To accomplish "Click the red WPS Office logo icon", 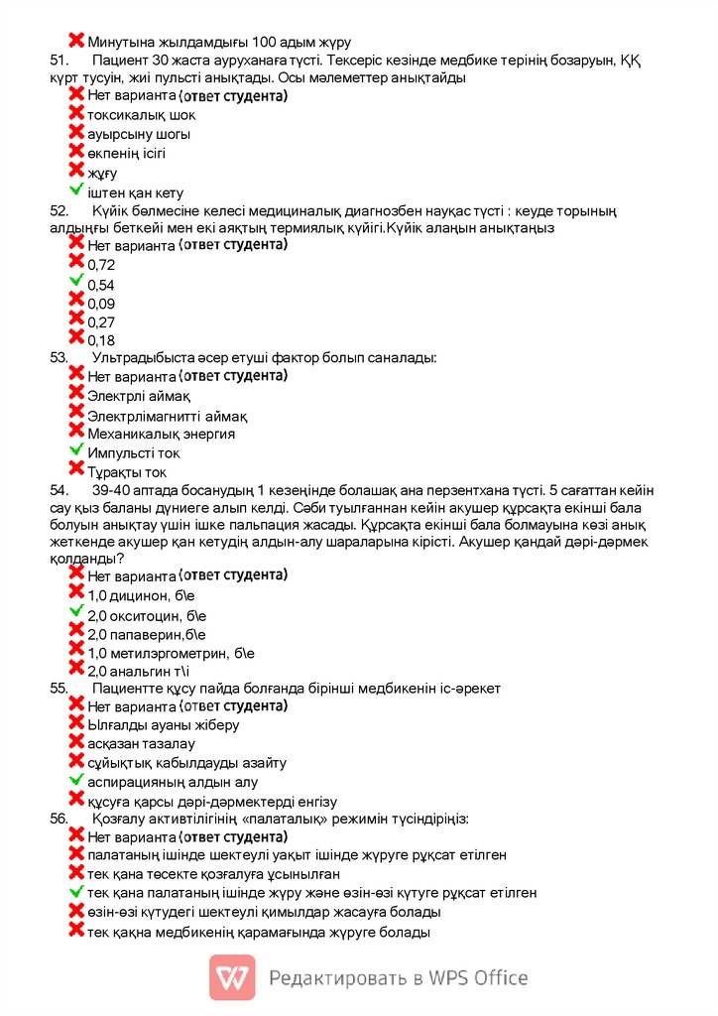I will [x=232, y=977].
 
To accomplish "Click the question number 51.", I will [x=59, y=60].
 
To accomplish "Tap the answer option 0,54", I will [x=101, y=285].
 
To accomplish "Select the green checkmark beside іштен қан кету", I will [x=76, y=190].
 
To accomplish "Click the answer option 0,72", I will [x=101, y=265].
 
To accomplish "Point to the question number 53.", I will [x=59, y=357].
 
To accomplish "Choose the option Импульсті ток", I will [x=134, y=453].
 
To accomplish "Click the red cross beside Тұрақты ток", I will [x=76, y=468].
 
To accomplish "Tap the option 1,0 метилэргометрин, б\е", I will [x=171, y=653].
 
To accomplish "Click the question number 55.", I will [x=59, y=688].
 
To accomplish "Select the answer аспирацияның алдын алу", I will [x=158, y=782].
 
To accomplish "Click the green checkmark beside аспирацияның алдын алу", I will [x=76, y=780].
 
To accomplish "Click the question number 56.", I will [x=59, y=820].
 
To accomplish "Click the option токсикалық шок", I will [x=141, y=115].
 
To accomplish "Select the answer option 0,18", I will [x=101, y=341].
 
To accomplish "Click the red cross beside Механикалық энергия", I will [x=76, y=430].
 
